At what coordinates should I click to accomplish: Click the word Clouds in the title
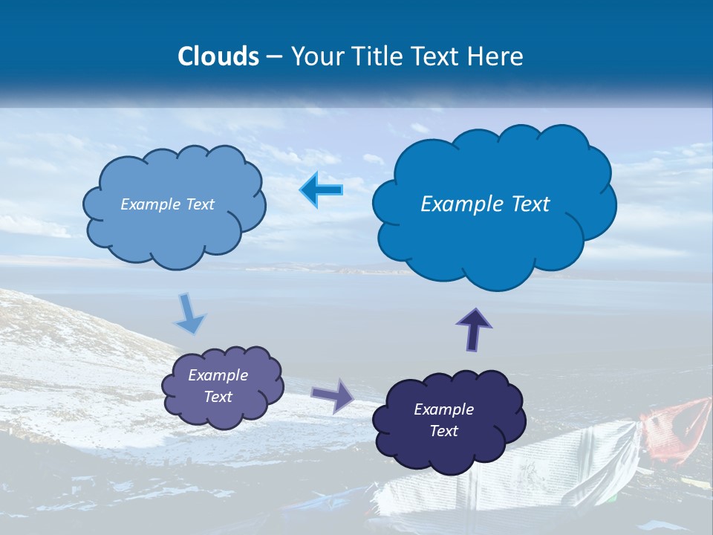pos(218,56)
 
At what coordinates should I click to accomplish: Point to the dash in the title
pos(274,57)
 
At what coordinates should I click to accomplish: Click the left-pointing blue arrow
pos(322,190)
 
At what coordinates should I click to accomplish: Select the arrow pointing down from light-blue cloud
pos(189,314)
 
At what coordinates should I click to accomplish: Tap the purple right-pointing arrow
pos(332,395)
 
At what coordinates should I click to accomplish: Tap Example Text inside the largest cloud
pos(485,204)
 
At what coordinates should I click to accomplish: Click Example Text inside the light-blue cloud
pos(167,204)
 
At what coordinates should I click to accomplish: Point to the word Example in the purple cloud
pos(218,375)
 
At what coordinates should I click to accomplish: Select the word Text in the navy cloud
pos(443,431)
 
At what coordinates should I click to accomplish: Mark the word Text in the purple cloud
pos(218,397)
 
